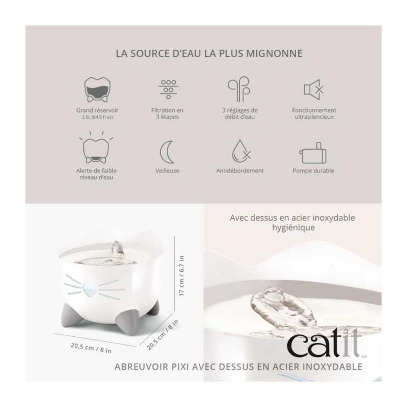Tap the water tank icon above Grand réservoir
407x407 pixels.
(97, 89)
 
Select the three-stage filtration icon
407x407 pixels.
(168, 89)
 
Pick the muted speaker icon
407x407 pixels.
(313, 89)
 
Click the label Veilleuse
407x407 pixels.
(167, 171)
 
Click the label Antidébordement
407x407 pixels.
(240, 171)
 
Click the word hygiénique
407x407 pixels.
(293, 227)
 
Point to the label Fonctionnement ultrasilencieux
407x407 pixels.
(314, 114)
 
